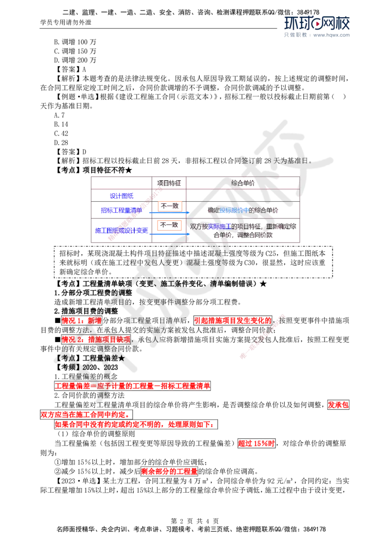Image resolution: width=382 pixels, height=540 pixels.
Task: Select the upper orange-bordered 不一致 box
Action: pos(170,206)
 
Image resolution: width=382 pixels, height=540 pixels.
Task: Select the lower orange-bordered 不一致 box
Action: pos(170,225)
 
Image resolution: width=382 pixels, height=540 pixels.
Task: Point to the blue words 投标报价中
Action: pos(234,210)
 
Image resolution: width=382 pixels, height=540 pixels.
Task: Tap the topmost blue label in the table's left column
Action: pos(121,196)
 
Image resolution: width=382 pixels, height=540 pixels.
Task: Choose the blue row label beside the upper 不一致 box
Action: pos(121,210)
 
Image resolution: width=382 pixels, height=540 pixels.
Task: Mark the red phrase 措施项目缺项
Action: pos(107,339)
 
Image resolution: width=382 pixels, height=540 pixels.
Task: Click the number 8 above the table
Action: pos(269,161)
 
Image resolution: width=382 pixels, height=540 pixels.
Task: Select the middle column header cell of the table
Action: pos(169,183)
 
